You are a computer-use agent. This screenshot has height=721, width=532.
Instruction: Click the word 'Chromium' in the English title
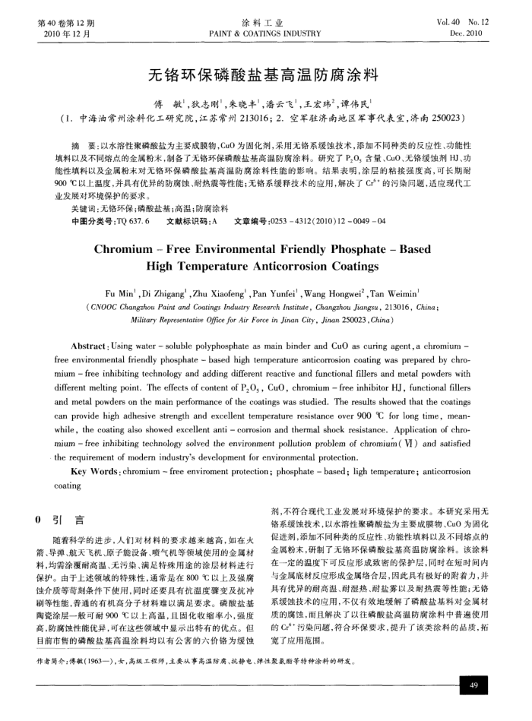pyautogui.click(x=135, y=249)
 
